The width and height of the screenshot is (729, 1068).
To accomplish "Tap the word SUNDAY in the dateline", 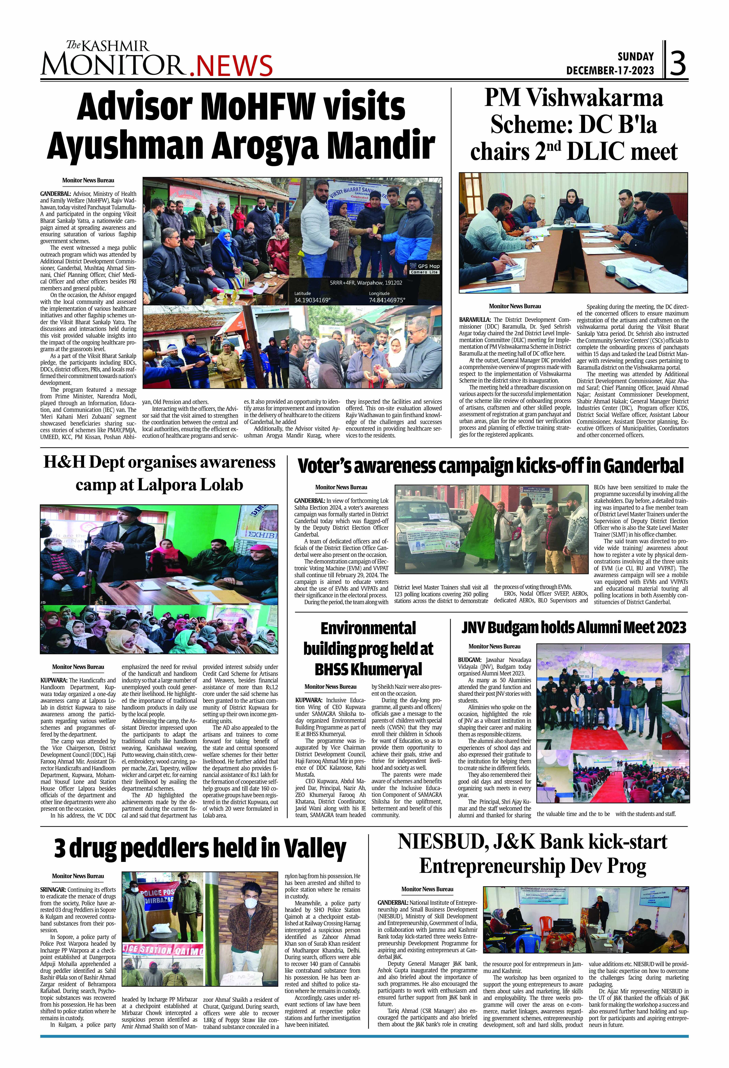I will coord(635,56).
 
